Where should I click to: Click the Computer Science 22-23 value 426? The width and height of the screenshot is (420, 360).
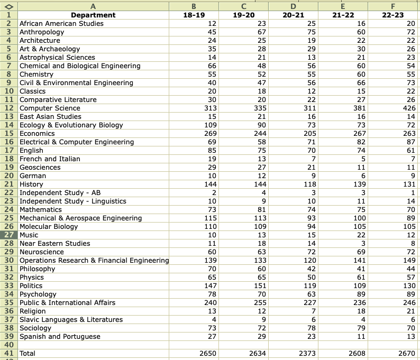[409, 108]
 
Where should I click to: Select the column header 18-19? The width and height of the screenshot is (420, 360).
[194, 15]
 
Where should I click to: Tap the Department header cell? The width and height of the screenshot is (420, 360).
[93, 15]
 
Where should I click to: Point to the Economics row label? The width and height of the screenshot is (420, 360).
[37, 134]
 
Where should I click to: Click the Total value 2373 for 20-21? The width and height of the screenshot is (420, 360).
[307, 353]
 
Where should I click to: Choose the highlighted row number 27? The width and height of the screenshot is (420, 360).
[9, 235]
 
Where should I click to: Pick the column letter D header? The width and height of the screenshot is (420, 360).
[293, 6]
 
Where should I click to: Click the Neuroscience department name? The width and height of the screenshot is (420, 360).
[41, 252]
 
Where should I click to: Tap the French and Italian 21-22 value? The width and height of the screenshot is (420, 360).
[363, 159]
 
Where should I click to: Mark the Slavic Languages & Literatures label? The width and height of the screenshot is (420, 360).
[71, 320]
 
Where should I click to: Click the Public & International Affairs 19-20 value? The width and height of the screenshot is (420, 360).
[260, 303]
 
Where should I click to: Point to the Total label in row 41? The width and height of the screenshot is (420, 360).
[28, 353]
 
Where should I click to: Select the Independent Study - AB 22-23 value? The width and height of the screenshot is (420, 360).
[413, 193]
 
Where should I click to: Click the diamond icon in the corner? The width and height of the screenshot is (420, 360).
[9, 7]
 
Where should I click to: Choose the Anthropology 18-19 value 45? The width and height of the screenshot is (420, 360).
[212, 32]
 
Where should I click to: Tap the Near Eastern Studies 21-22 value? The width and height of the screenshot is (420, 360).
[363, 244]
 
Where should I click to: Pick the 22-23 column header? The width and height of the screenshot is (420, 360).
[392, 15]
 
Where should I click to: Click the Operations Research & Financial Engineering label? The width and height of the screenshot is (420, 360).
[94, 261]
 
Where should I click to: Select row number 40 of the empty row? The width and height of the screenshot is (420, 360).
[9, 345]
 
